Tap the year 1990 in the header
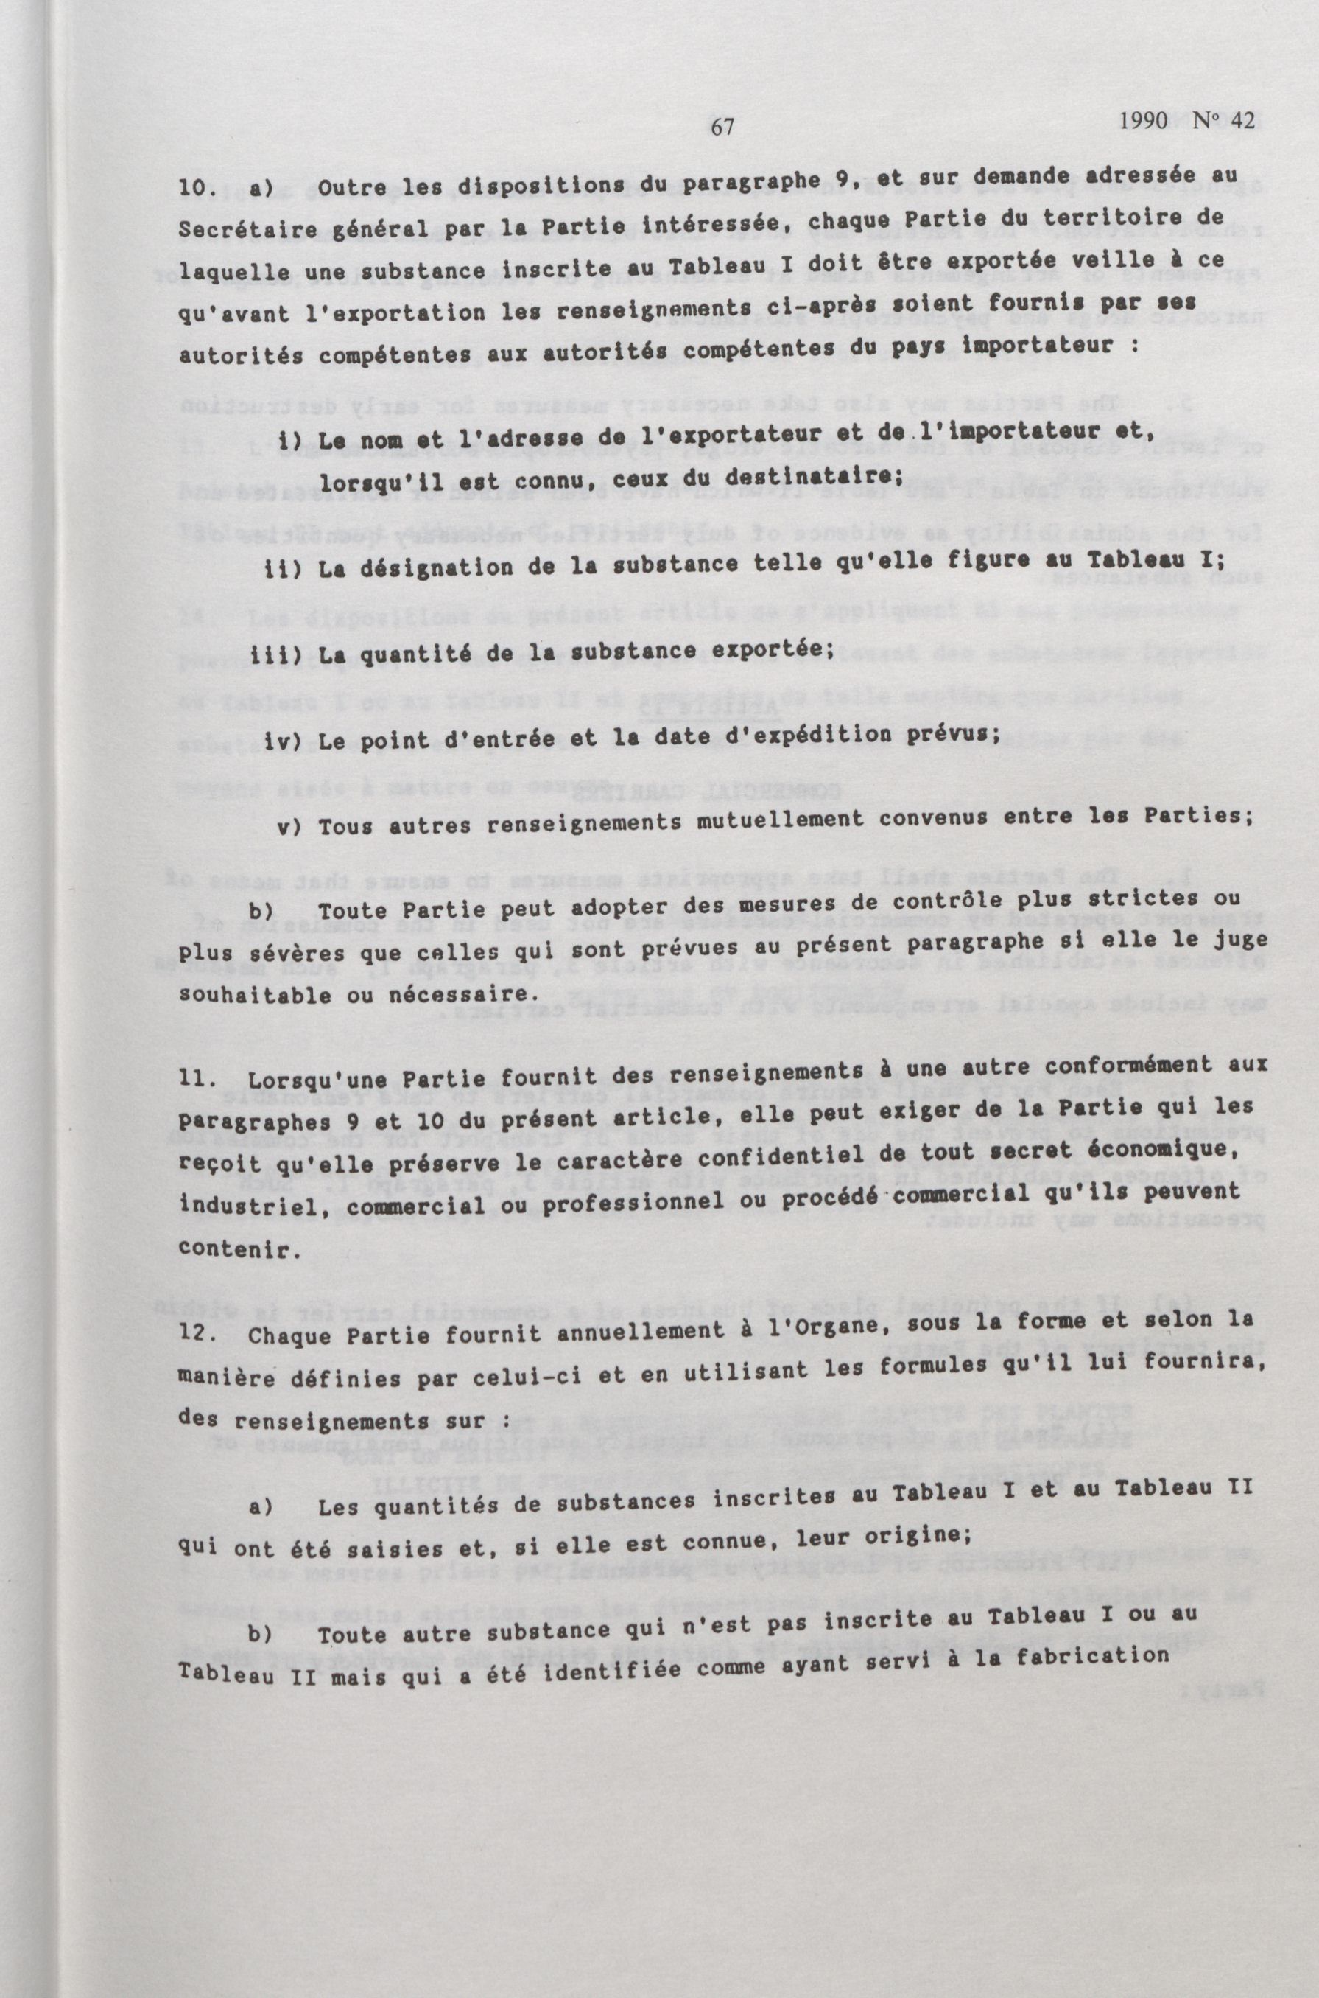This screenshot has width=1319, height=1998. [1143, 120]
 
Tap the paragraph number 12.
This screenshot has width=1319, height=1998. [199, 1335]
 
